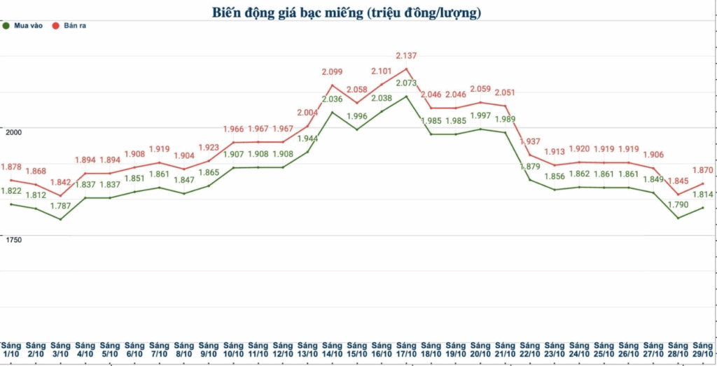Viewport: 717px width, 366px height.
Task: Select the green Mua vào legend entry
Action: [x=24, y=25]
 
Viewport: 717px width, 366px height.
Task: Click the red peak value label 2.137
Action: [x=407, y=55]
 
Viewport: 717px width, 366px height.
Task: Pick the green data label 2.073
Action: [x=406, y=83]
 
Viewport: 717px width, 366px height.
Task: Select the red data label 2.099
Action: [x=332, y=71]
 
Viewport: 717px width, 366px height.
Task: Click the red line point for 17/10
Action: [x=406, y=69]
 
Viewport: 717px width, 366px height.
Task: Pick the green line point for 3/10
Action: [x=60, y=219]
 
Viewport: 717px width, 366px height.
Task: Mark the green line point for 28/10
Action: [x=678, y=218]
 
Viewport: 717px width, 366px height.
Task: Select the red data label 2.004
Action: [x=307, y=113]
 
